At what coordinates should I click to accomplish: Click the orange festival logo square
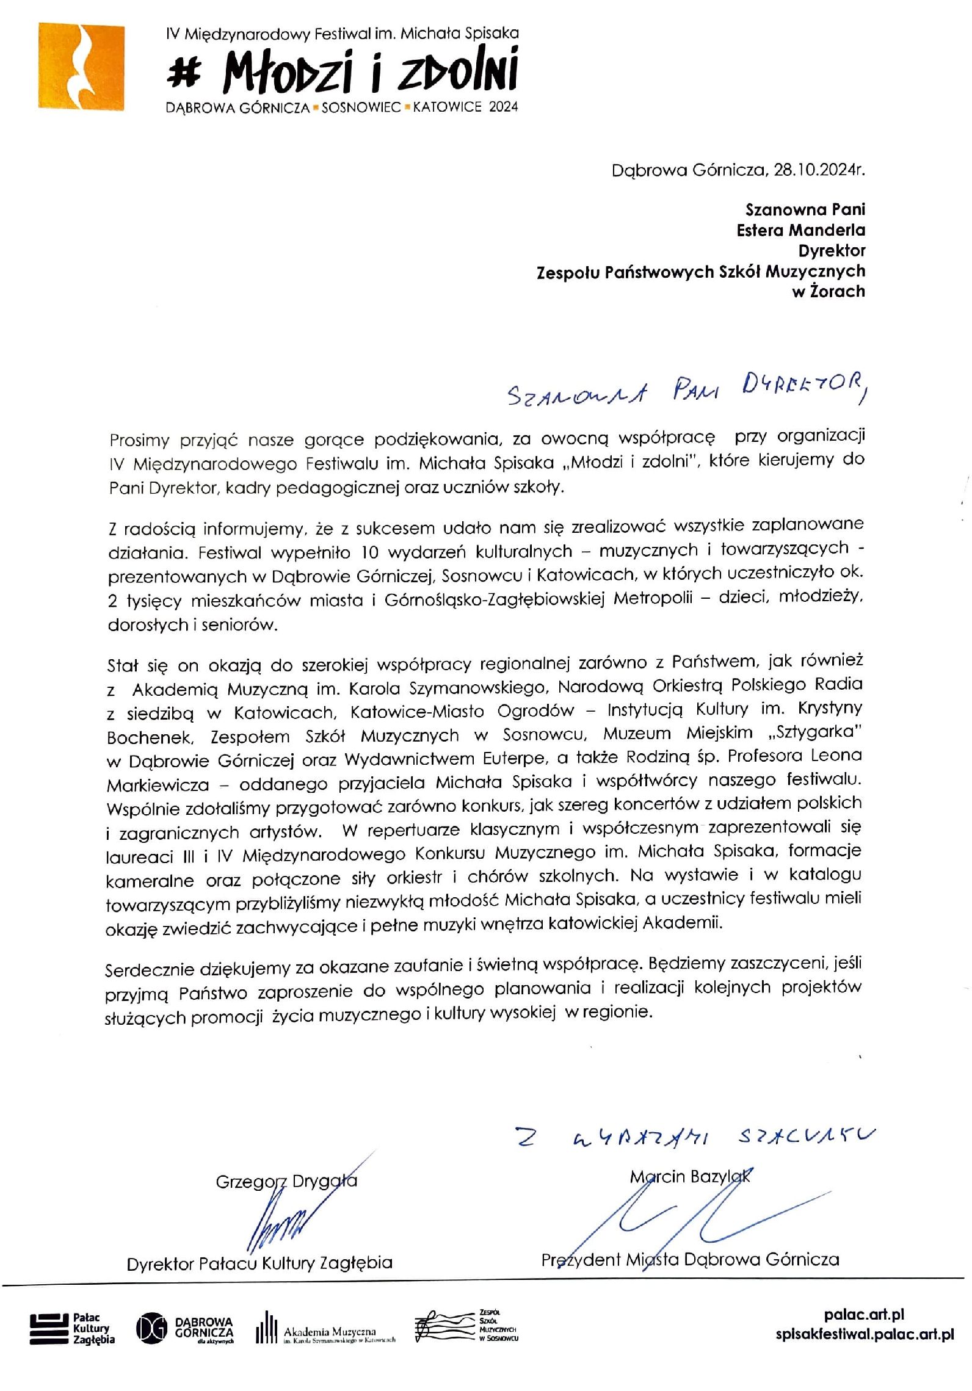[x=81, y=67]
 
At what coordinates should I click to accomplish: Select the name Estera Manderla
[x=800, y=230]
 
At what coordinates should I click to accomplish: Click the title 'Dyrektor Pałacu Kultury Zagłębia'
[x=259, y=1263]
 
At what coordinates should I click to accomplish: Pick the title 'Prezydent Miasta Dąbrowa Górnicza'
[x=690, y=1259]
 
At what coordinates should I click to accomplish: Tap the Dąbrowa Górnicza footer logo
[x=184, y=1328]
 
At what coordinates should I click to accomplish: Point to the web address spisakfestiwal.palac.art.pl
[x=865, y=1335]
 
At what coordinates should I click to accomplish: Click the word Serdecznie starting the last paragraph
[x=150, y=970]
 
